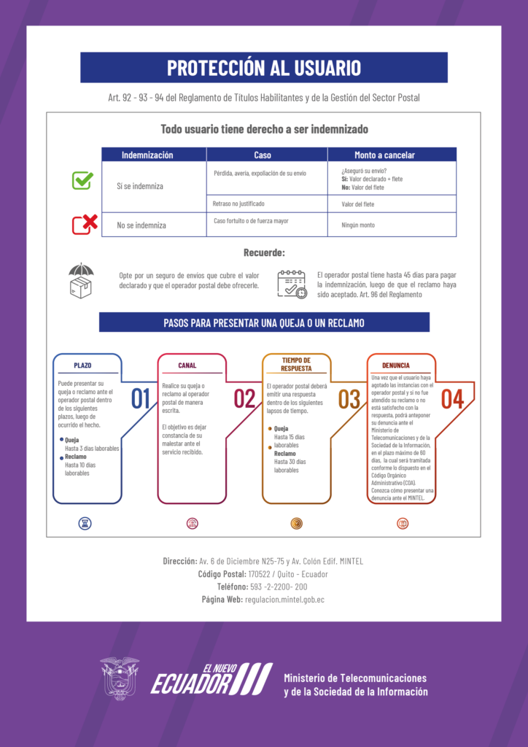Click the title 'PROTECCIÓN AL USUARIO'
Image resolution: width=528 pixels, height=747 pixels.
pos(264,68)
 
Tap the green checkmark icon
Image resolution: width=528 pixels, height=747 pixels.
pos(82,180)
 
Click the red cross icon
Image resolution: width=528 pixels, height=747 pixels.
pos(85,224)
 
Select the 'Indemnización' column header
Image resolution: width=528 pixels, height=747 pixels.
pos(147,155)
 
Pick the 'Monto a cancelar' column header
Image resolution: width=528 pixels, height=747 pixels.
pos(384,155)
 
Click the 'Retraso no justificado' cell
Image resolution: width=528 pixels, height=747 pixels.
pos(239,204)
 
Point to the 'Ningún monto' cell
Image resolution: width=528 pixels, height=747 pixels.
pos(358,225)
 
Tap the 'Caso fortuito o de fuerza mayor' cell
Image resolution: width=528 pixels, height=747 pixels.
pos(251,220)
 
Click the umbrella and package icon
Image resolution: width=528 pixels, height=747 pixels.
pos(81,281)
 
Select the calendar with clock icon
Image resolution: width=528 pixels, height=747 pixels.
pos(292,284)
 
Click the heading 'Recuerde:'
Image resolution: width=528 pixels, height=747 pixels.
pos(264,253)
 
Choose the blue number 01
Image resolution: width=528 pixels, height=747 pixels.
pos(141,399)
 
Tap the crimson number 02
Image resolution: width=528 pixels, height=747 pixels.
pos(245,399)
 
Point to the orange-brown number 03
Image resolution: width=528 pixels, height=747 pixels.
pos(349,399)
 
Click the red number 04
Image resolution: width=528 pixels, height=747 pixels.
pos(453,399)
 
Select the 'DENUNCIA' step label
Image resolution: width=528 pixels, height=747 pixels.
pos(396,365)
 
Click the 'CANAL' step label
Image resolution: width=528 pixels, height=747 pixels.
pos(187,365)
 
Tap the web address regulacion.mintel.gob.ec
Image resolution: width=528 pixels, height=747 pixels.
pos(285,599)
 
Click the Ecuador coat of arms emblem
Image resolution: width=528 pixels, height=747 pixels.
pos(120,678)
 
